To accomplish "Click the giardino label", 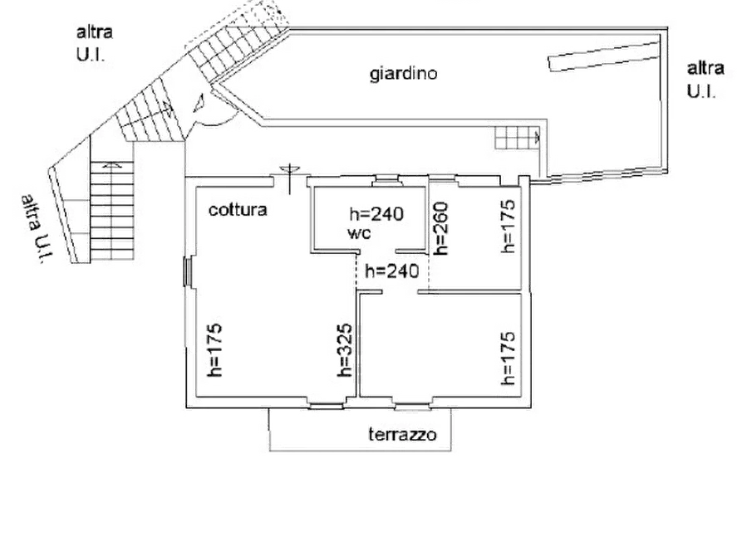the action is click(x=403, y=74).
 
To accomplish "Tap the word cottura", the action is click(x=238, y=209).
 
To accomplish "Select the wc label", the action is click(x=359, y=233).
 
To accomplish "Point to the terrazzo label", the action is click(x=402, y=434).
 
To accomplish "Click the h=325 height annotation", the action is click(x=345, y=350).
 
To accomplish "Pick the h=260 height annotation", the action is click(x=440, y=228).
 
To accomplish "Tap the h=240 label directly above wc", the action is click(x=376, y=214).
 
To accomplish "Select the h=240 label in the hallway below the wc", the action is click(x=392, y=271).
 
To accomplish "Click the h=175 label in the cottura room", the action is click(x=214, y=350).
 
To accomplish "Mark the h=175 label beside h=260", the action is click(x=508, y=227).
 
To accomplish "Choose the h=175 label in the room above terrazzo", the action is click(x=508, y=358).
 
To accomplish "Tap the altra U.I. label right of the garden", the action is click(x=705, y=80).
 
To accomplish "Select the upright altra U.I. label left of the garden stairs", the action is click(x=95, y=43).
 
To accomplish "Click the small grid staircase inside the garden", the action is click(x=517, y=138).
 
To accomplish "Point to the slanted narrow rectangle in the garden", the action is click(x=604, y=56).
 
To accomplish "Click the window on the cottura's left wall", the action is click(x=188, y=272).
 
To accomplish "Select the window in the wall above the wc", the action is click(x=387, y=179).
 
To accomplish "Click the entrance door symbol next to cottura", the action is click(x=289, y=178).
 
